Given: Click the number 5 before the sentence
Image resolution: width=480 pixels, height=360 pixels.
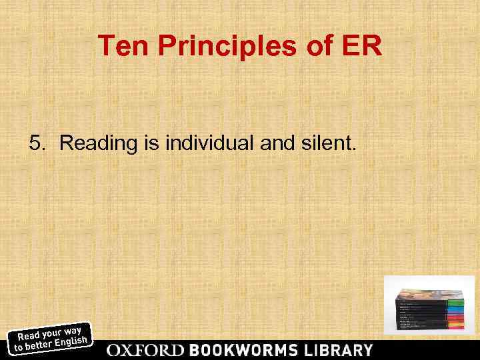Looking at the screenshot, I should (37, 143).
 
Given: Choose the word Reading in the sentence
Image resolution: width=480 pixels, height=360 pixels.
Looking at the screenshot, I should (94, 143).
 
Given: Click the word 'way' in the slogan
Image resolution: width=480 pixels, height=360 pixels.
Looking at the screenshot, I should (73, 329).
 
